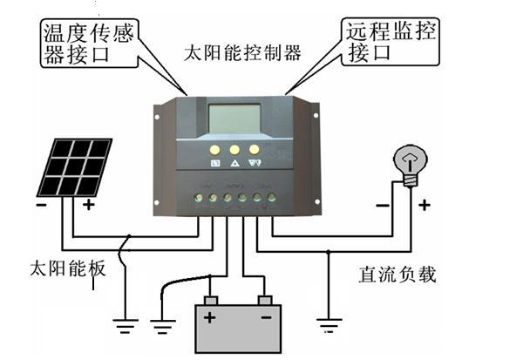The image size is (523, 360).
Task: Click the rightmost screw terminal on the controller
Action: (x=270, y=199)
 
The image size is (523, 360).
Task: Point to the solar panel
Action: (x=75, y=166)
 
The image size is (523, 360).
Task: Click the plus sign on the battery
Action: (x=210, y=317)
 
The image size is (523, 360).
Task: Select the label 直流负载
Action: (x=397, y=275)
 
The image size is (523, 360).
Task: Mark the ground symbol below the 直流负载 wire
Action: (x=327, y=327)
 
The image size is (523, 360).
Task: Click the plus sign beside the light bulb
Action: (x=425, y=206)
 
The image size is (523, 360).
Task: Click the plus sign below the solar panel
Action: (x=88, y=207)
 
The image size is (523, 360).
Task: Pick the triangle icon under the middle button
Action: (x=234, y=162)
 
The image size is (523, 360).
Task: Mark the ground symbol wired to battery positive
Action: (x=163, y=325)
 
